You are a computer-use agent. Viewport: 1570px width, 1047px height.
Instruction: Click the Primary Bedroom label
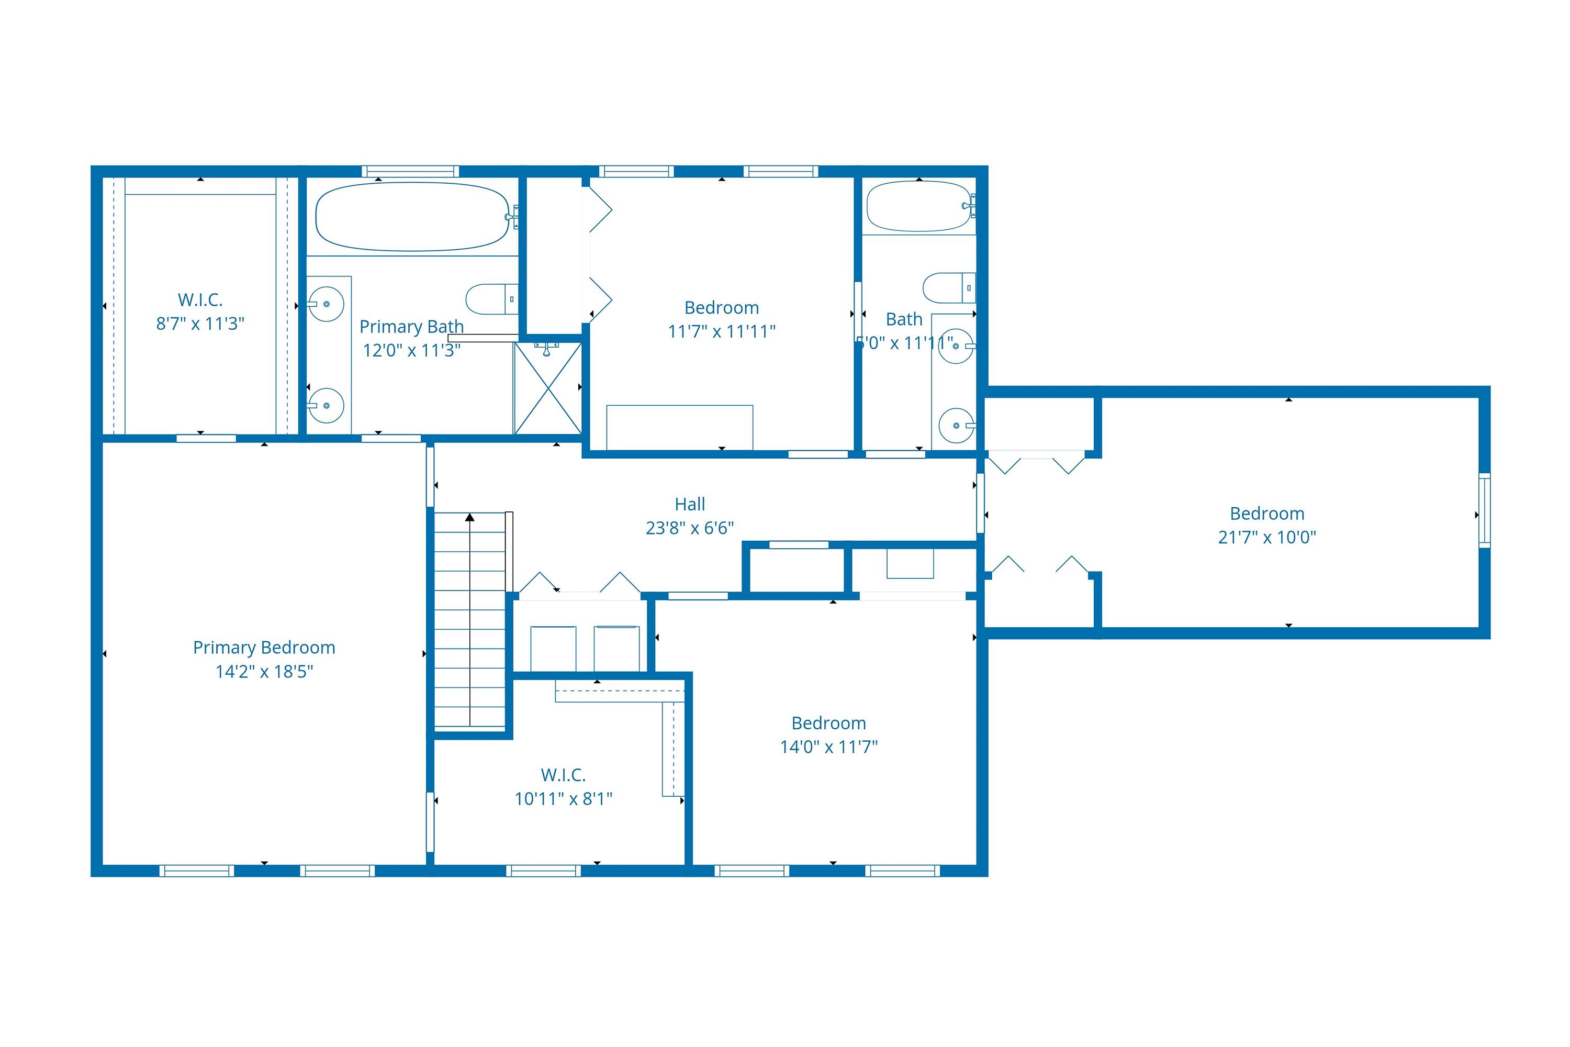coord(264,648)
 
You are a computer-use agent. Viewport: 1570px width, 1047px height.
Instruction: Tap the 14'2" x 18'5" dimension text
coord(264,672)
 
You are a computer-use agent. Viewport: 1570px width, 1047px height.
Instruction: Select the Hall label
coord(690,504)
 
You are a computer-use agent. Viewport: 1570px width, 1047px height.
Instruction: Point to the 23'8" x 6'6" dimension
coord(690,528)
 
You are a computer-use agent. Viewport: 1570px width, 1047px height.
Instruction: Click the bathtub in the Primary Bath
coord(412,217)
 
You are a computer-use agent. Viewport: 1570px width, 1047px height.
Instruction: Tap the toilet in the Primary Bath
coord(491,299)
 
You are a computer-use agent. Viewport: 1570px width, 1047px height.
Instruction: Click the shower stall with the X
coord(547,388)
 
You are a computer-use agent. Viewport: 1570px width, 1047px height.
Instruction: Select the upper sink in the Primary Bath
coord(327,304)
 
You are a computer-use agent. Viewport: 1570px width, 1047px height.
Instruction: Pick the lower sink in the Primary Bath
coord(327,405)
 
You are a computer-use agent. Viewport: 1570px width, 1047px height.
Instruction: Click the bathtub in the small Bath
coord(918,206)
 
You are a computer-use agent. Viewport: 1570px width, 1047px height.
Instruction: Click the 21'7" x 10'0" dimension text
coord(1266,538)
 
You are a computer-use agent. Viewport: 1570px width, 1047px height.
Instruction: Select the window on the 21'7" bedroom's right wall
coord(1484,511)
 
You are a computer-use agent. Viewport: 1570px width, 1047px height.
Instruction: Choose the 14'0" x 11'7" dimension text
coord(828,747)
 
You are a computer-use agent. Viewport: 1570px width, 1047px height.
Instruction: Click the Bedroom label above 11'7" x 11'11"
coord(722,308)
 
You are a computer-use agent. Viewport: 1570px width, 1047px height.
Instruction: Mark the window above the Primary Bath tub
coord(410,172)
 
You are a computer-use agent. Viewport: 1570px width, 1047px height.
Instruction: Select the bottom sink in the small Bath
coord(956,425)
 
